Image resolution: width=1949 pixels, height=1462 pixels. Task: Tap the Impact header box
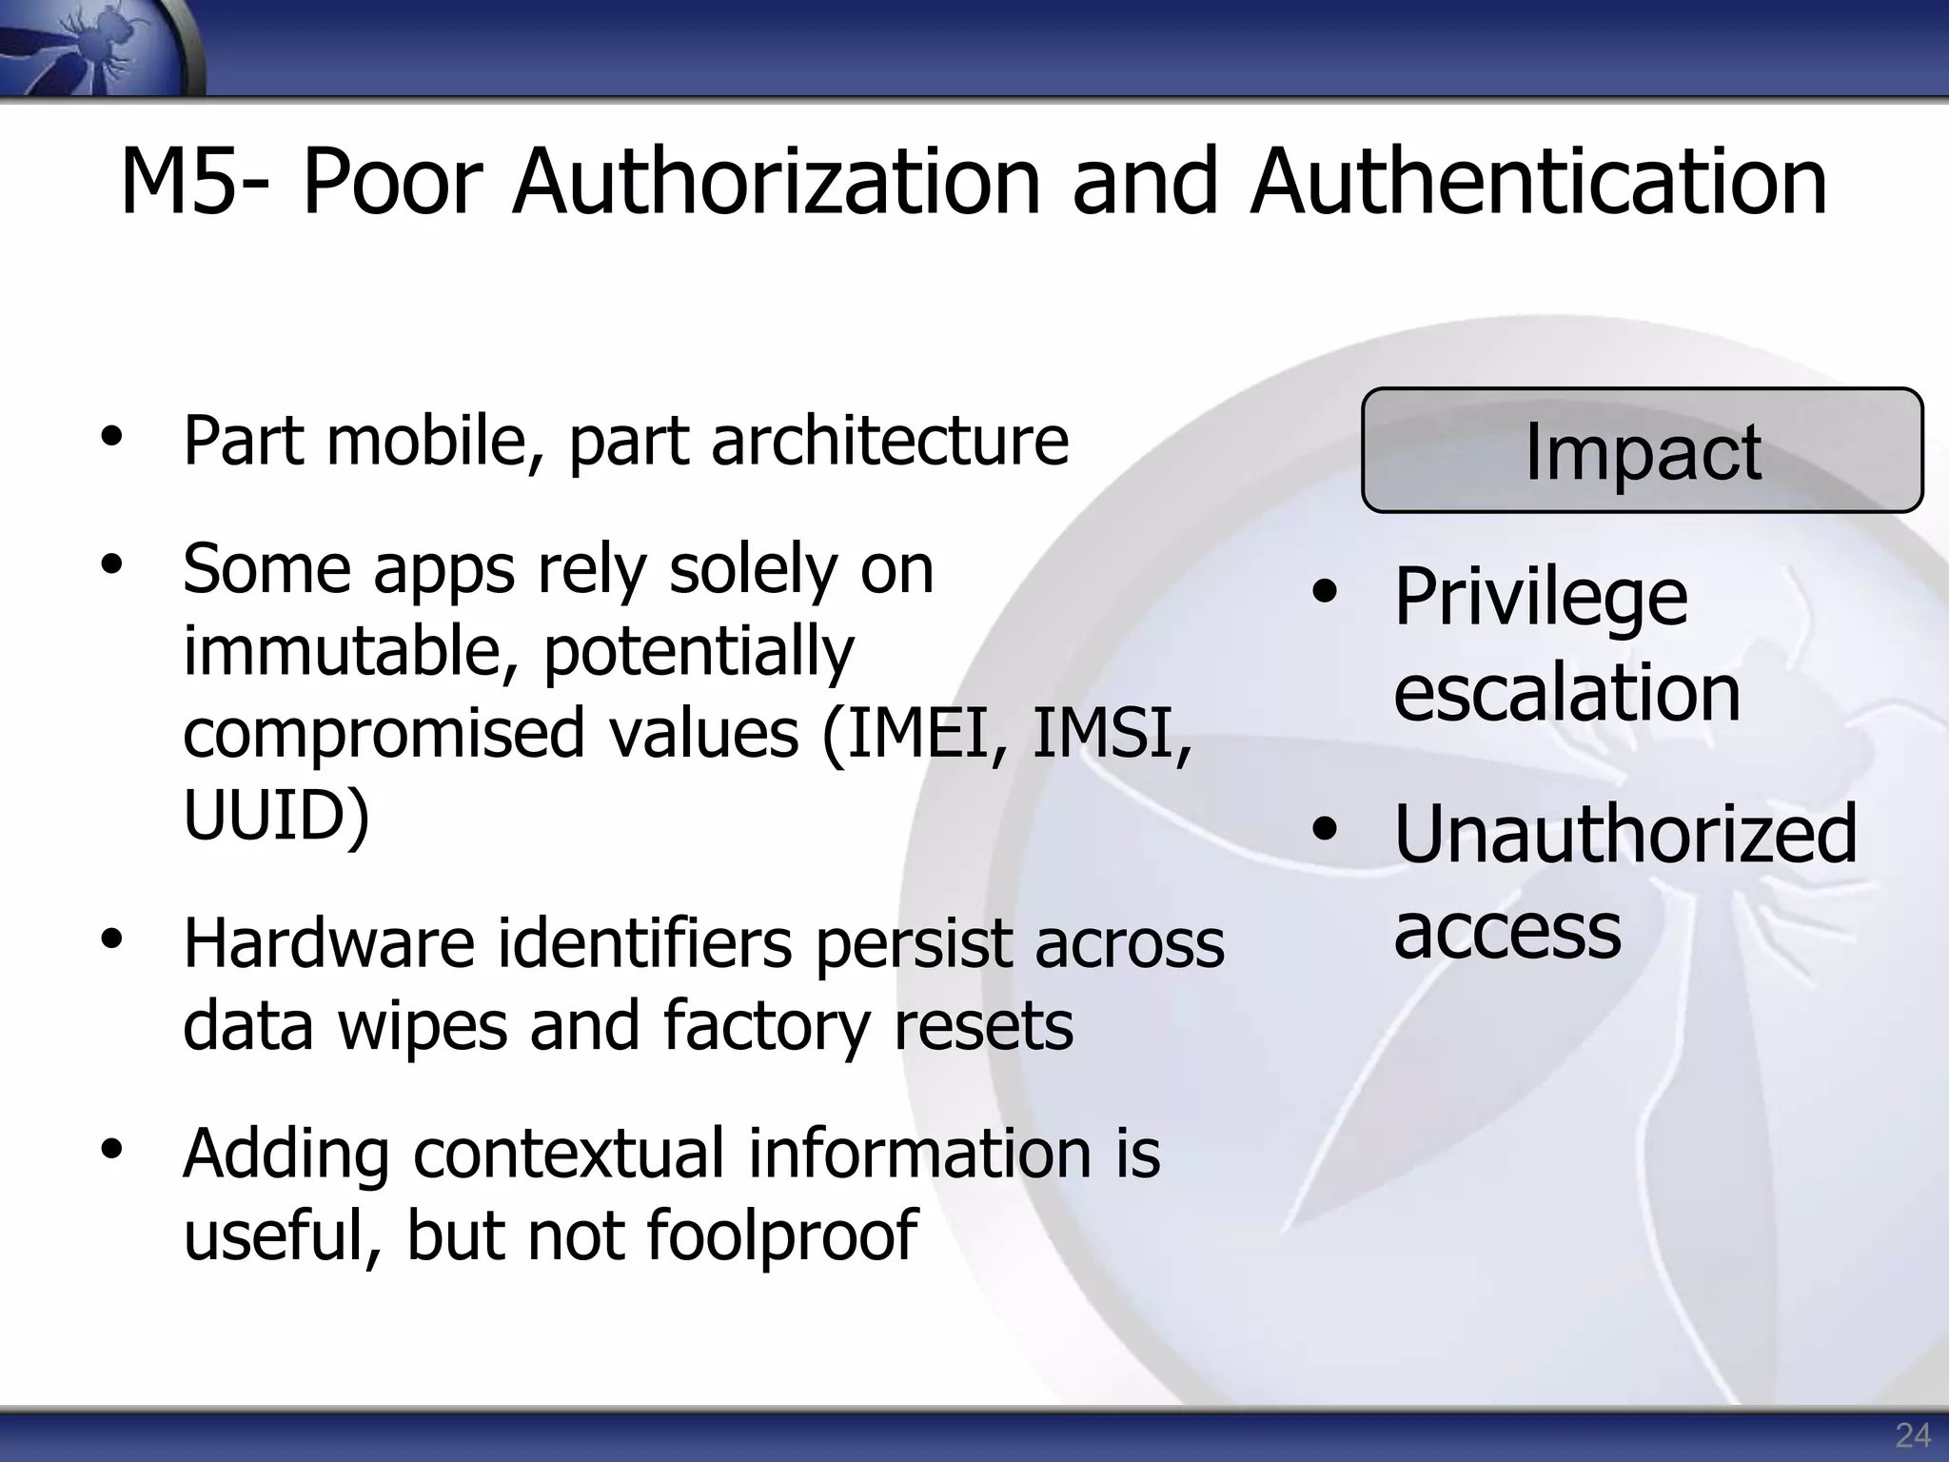pos(1642,450)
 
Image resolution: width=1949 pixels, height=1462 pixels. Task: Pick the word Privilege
pos(1540,598)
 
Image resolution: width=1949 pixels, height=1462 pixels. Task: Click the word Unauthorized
pos(1624,835)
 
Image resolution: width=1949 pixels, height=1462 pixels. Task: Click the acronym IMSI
pos(1110,733)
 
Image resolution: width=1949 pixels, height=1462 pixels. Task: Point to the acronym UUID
pos(274,815)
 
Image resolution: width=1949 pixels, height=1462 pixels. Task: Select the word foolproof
pos(781,1235)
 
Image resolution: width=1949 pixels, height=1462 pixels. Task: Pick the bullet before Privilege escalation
pos(1324,593)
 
